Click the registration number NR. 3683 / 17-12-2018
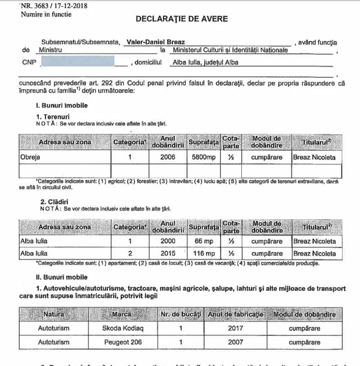coord(54,6)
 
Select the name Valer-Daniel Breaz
coord(153,42)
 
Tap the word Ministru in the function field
coord(50,50)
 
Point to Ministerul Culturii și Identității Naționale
coord(230,50)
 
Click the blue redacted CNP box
coord(77,62)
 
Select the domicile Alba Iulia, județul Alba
coord(206,63)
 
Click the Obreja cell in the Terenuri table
coord(30,157)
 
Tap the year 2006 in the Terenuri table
coord(168,157)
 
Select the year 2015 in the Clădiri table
coord(168,254)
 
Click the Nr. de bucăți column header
coord(180,314)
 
